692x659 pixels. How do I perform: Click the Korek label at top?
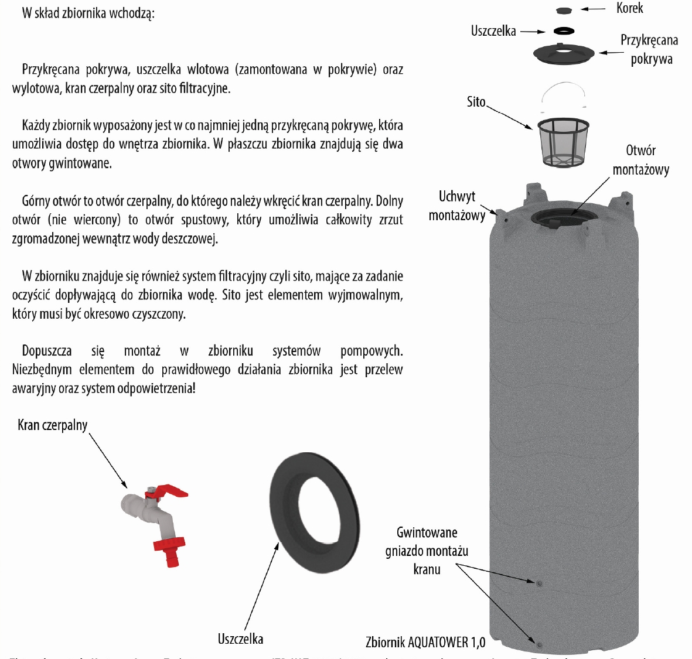[x=629, y=8]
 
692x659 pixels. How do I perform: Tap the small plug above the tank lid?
[x=563, y=10]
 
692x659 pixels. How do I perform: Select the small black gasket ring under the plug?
[x=564, y=30]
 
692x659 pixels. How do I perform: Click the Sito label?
[x=476, y=102]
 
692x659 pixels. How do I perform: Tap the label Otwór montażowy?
[x=640, y=160]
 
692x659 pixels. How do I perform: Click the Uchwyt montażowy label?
[x=457, y=206]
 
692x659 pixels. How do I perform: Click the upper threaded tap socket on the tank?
[x=538, y=583]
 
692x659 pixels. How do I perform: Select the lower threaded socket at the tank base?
[x=539, y=645]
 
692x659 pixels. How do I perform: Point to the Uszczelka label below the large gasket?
[x=240, y=638]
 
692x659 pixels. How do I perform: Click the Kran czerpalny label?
[x=53, y=425]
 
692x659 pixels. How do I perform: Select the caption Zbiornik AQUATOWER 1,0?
[x=425, y=642]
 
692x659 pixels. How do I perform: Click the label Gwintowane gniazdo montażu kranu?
[x=427, y=551]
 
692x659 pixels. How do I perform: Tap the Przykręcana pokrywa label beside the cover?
[x=650, y=49]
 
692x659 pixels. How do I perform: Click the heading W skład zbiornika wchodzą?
[x=88, y=13]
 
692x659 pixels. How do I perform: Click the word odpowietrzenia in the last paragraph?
[x=152, y=388]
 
